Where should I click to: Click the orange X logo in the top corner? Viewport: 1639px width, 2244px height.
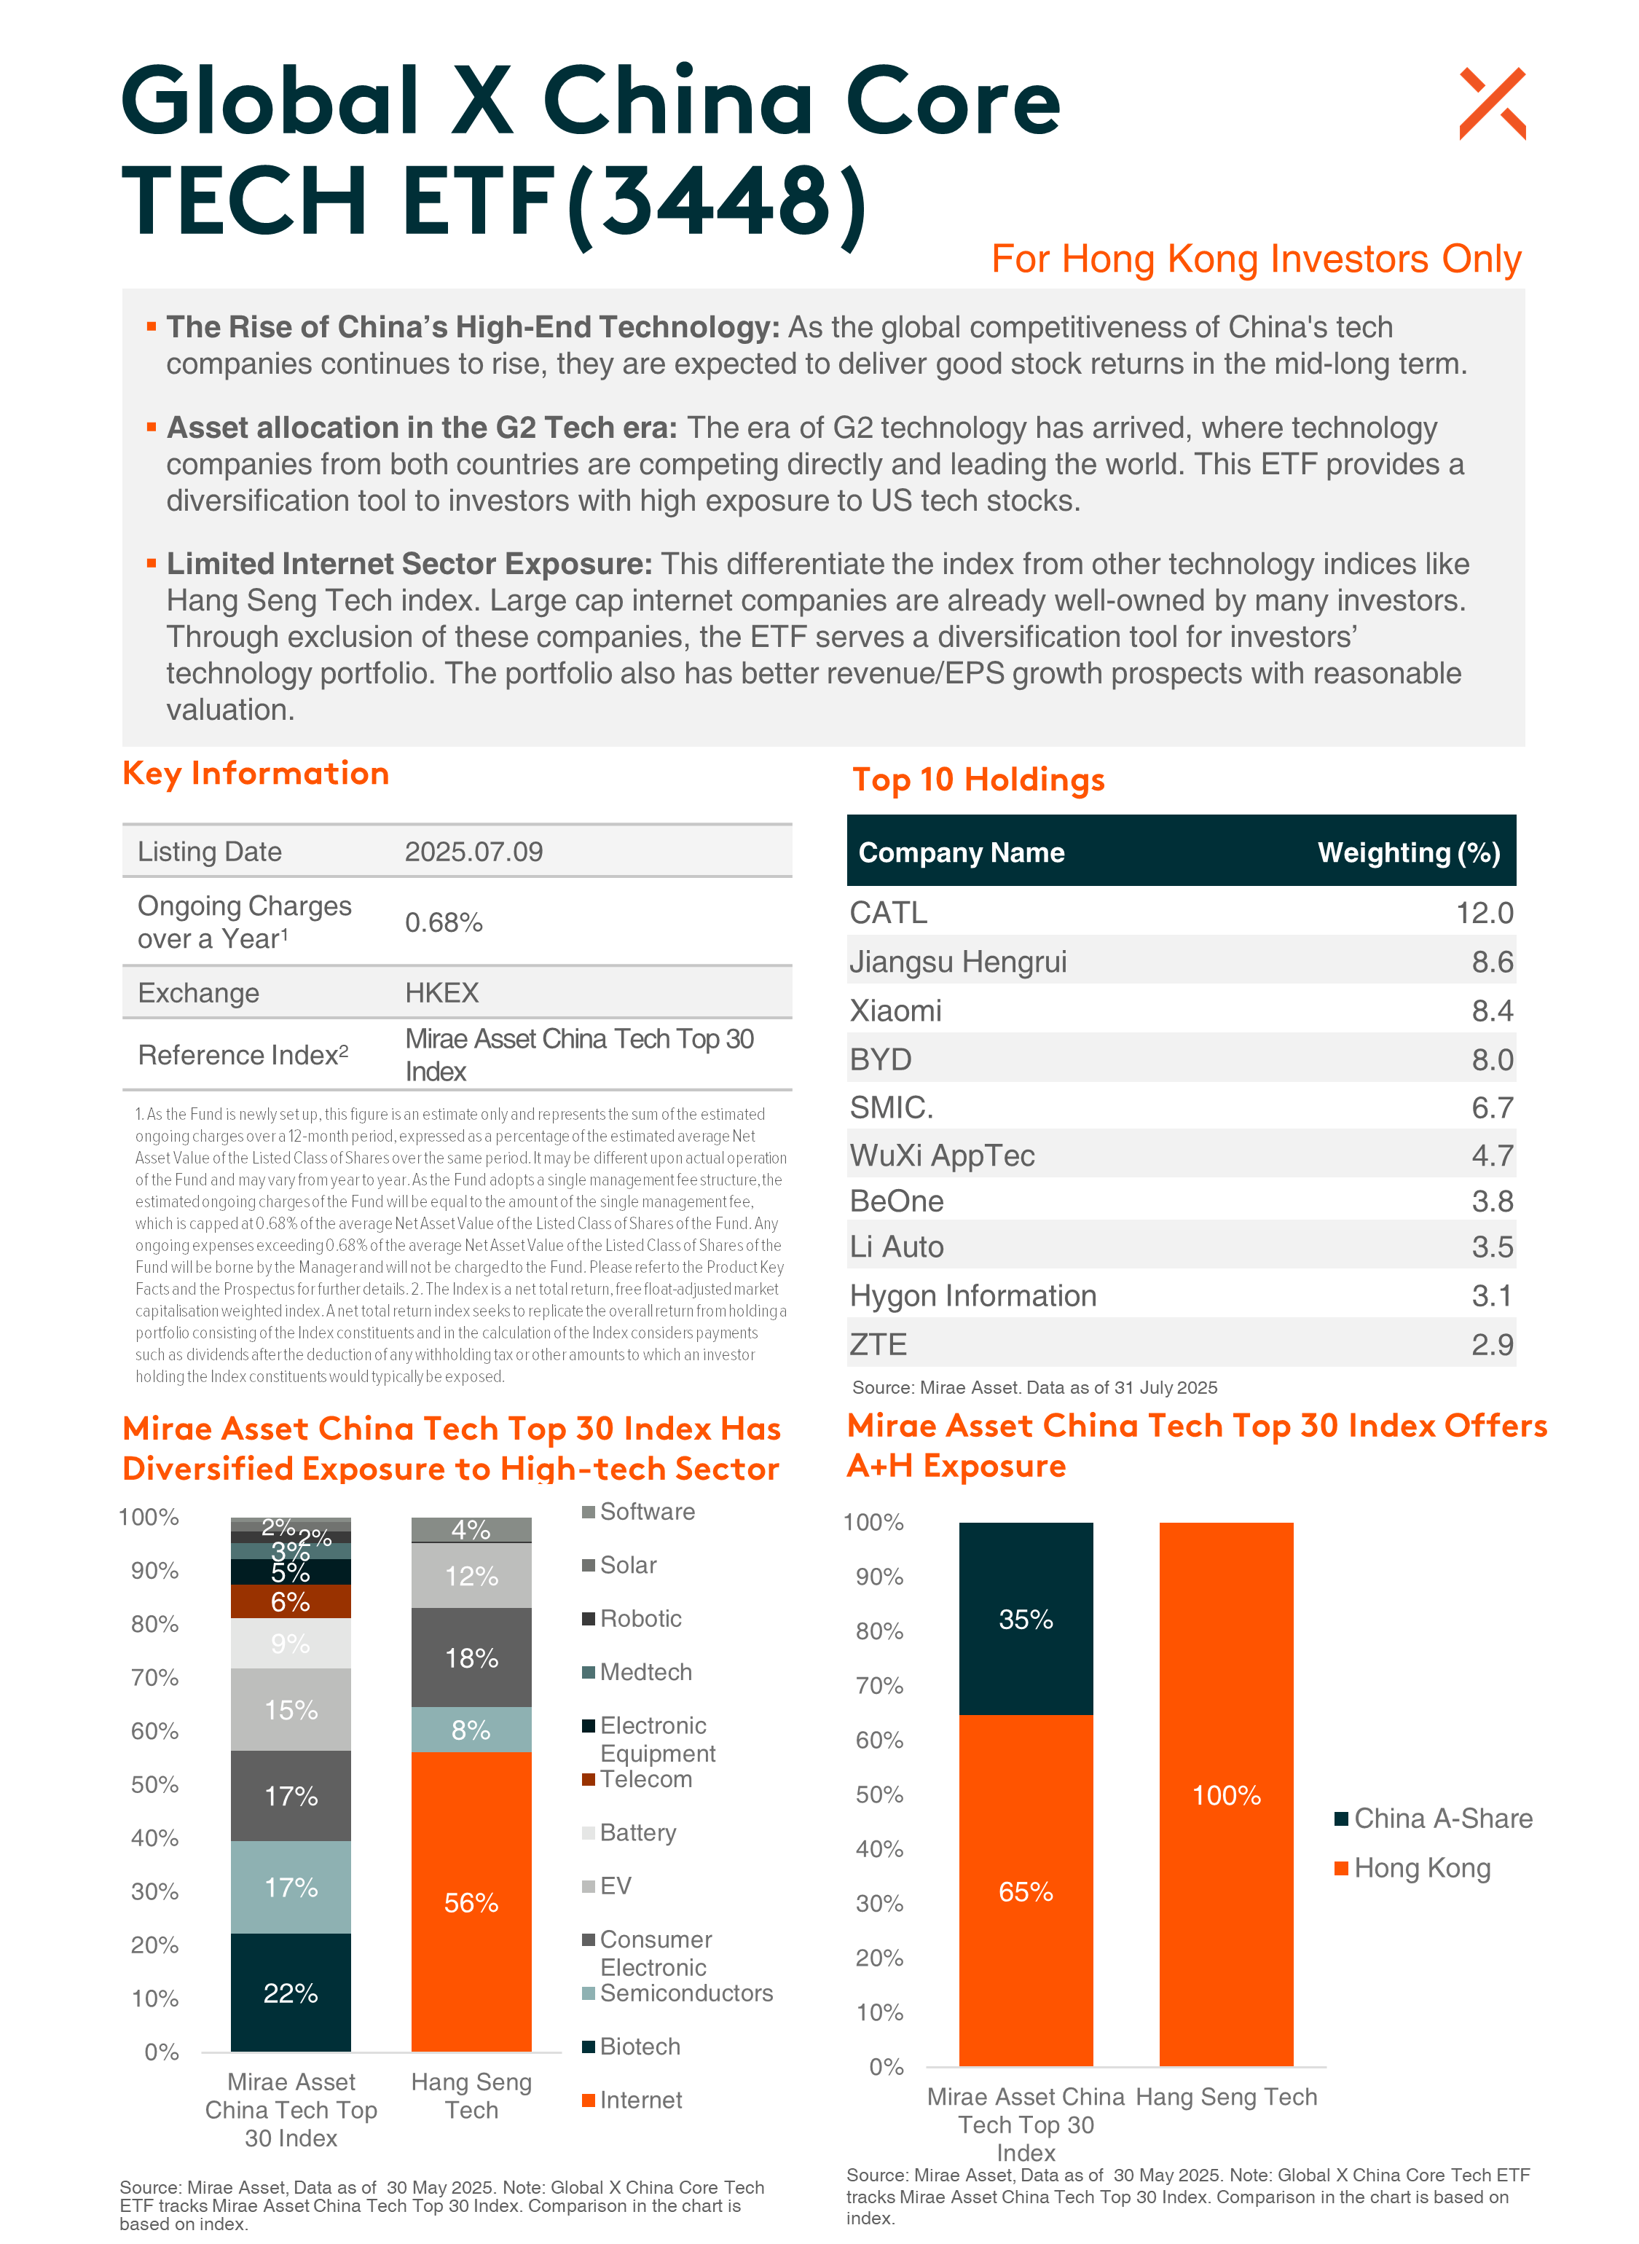(1492, 104)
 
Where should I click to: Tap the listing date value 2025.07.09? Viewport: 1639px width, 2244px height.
(473, 852)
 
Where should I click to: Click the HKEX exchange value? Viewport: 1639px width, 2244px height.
(441, 993)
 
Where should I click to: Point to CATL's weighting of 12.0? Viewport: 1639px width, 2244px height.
(1485, 913)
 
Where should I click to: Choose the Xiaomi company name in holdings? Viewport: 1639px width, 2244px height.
(896, 1011)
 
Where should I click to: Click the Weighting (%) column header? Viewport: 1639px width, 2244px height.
(1409, 852)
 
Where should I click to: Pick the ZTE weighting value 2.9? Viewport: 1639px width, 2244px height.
(1492, 1345)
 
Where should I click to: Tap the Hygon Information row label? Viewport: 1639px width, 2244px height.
(973, 1295)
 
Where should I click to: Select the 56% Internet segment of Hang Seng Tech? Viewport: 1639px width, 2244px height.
(471, 1902)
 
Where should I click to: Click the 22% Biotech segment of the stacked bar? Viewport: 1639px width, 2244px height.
(291, 1993)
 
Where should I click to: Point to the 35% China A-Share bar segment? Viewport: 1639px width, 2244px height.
(1026, 1619)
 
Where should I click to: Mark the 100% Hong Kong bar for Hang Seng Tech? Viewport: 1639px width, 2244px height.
(1226, 1794)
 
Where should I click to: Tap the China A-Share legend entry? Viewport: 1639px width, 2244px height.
(1434, 1819)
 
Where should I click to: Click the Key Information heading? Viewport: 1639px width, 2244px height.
(256, 773)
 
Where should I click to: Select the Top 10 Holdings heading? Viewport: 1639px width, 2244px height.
(978, 780)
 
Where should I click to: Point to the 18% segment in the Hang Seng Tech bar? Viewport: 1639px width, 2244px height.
(471, 1657)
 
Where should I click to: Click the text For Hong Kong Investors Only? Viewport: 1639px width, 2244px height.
(1256, 259)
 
